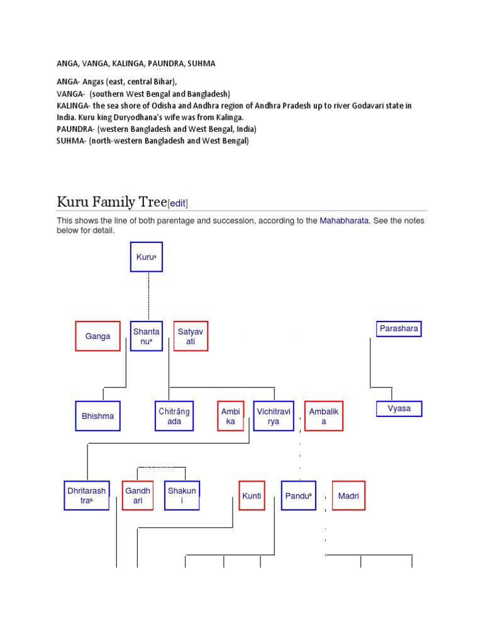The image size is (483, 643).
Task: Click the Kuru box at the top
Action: pyautogui.click(x=147, y=257)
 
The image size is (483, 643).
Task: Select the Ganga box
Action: pyautogui.click(x=97, y=336)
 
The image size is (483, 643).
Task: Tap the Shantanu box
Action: pyautogui.click(x=147, y=336)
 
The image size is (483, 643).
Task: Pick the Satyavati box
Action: pyautogui.click(x=191, y=336)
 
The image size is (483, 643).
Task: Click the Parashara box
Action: pyautogui.click(x=399, y=328)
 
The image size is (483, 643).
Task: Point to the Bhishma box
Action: pyautogui.click(x=97, y=416)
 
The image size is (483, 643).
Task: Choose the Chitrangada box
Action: pyautogui.click(x=174, y=416)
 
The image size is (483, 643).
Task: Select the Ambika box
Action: pyautogui.click(x=231, y=416)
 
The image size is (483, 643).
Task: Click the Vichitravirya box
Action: pyautogui.click(x=274, y=416)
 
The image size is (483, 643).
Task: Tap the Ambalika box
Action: pyautogui.click(x=324, y=416)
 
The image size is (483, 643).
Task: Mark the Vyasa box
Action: pyautogui.click(x=399, y=409)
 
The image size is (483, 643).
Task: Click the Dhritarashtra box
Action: pyautogui.click(x=87, y=495)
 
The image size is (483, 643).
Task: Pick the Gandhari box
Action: pyautogui.click(x=138, y=495)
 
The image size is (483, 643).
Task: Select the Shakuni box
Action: pyautogui.click(x=182, y=495)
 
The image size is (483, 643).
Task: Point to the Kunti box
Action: pyautogui.click(x=252, y=495)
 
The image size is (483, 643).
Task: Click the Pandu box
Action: pyautogui.click(x=298, y=495)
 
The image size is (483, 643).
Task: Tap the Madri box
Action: pyautogui.click(x=348, y=495)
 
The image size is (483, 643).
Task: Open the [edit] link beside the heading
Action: pyautogui.click(x=178, y=203)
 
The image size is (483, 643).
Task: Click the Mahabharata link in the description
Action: pyautogui.click(x=344, y=220)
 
